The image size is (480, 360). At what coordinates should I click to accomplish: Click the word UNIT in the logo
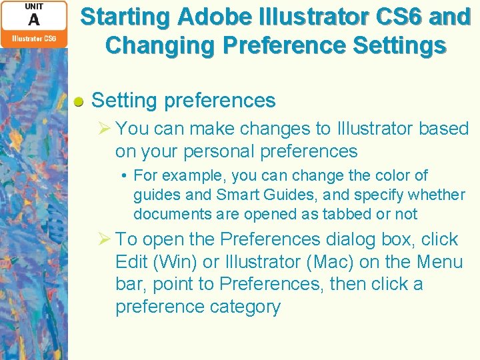pyautogui.click(x=34, y=7)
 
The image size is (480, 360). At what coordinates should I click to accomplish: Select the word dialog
pyautogui.click(x=354, y=239)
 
